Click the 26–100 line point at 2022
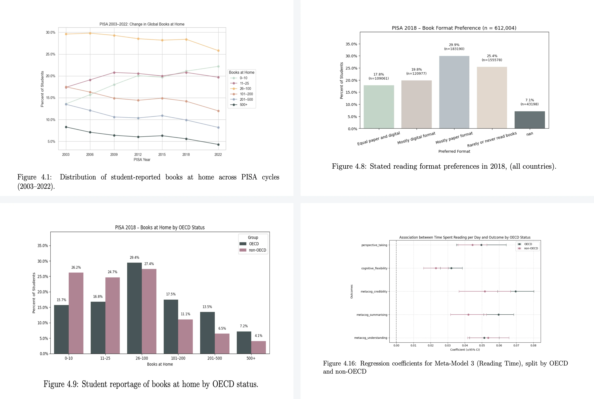(x=218, y=51)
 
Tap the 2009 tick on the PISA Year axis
(x=114, y=154)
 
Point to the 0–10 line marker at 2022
(x=218, y=66)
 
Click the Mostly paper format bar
(x=454, y=92)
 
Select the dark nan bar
(x=530, y=120)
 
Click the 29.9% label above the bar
(x=454, y=45)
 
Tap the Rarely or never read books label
(x=492, y=139)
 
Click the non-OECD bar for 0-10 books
(x=76, y=313)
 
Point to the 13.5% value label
(x=207, y=307)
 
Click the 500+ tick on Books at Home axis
(x=251, y=358)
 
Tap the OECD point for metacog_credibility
(x=515, y=291)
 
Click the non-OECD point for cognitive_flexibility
(x=436, y=268)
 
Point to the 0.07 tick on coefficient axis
(x=516, y=346)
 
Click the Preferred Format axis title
(x=454, y=151)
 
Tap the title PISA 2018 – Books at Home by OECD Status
(x=160, y=228)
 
